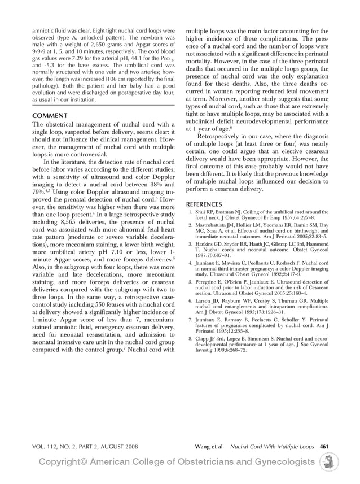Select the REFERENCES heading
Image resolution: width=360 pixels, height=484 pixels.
tap(206, 204)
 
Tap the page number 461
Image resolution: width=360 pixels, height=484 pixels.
tap(324, 446)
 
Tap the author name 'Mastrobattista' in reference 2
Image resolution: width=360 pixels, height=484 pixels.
tap(217, 225)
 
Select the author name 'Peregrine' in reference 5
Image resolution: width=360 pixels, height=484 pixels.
tap(210, 281)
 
